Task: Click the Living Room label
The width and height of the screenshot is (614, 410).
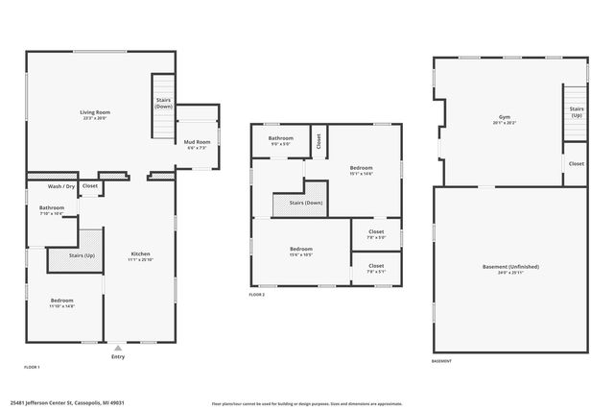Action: point(94,112)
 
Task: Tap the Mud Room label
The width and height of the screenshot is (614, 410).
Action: point(197,143)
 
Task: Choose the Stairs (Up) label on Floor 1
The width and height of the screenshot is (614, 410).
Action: point(83,256)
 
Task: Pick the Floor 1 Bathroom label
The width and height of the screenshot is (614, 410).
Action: point(52,208)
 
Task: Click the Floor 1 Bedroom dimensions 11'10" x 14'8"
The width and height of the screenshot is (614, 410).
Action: point(61,306)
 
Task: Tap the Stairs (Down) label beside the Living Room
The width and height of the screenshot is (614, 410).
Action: point(163,102)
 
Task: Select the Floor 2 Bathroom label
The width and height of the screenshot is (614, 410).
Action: point(281,138)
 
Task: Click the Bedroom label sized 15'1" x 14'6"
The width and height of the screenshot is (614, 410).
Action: point(361,168)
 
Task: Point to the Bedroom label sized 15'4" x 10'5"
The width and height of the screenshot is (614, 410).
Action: point(301,250)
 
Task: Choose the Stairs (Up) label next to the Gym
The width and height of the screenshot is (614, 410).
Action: point(576,111)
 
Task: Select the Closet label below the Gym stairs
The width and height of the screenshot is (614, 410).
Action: point(576,163)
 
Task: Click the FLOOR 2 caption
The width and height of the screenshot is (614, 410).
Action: point(256,295)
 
